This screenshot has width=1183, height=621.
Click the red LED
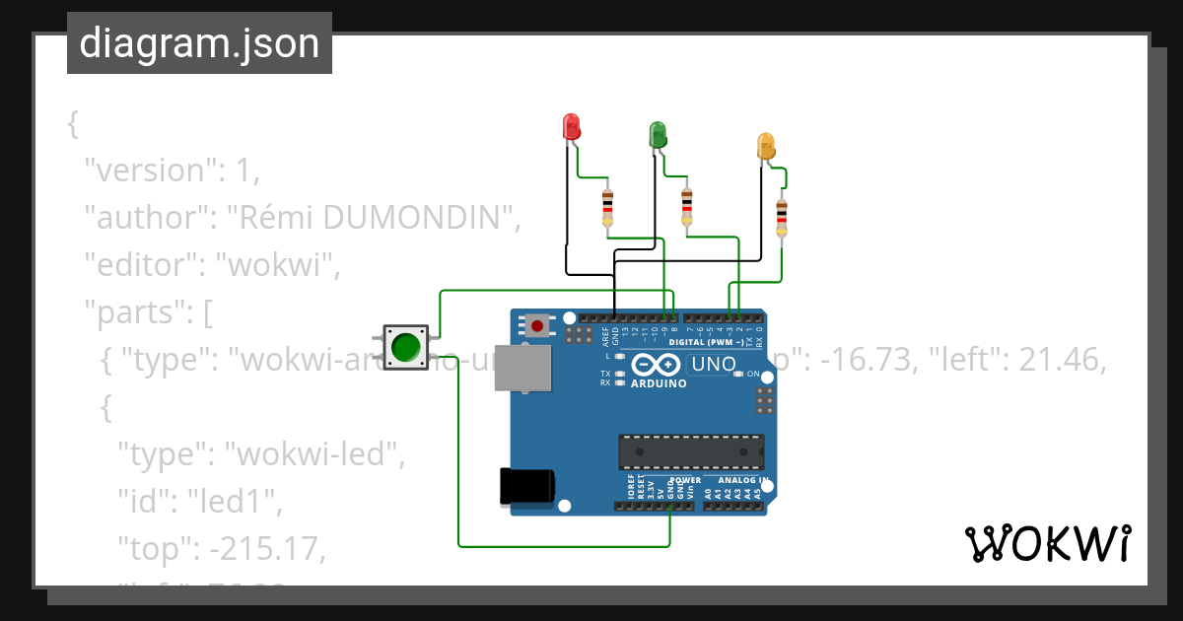(x=571, y=126)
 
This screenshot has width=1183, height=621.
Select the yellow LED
(x=766, y=146)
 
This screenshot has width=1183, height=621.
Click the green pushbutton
(x=405, y=347)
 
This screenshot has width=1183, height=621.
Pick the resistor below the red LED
(x=607, y=208)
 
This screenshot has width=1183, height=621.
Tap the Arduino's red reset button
(x=537, y=324)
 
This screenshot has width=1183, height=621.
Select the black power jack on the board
(x=526, y=486)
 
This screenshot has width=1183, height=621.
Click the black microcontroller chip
(x=690, y=451)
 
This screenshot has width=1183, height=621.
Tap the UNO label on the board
(x=713, y=364)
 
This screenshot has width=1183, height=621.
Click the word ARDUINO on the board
(x=658, y=383)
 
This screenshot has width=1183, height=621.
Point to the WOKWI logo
(x=1047, y=543)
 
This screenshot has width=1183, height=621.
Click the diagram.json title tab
(x=199, y=43)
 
